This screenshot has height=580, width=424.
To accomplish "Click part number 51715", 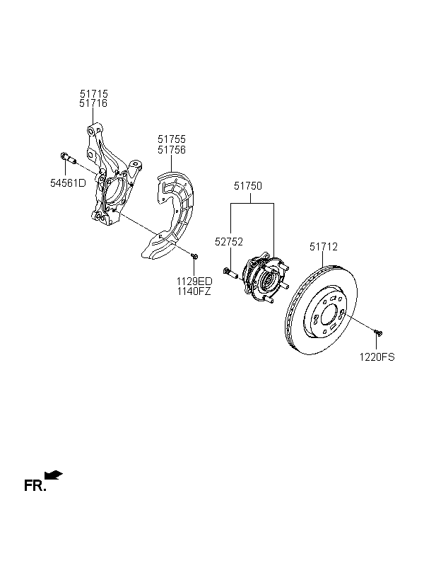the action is click(93, 94).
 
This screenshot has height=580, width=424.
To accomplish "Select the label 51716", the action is click(93, 103).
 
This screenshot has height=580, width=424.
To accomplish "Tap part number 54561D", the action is click(68, 182).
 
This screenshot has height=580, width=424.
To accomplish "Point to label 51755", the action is click(172, 139).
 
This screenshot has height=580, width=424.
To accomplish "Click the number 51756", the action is click(172, 150).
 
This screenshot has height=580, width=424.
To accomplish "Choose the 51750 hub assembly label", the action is click(247, 186).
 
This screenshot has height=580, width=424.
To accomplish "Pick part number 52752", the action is click(229, 242).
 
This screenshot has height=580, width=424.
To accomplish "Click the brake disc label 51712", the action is click(324, 247).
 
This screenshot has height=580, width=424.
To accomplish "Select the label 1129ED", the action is click(194, 281).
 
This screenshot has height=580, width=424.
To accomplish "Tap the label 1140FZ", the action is click(194, 291).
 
